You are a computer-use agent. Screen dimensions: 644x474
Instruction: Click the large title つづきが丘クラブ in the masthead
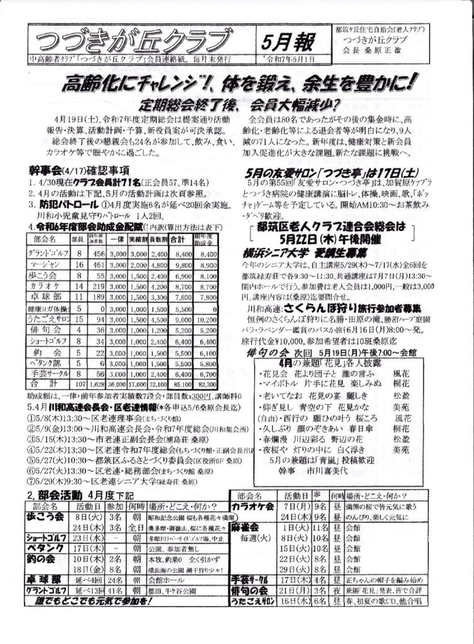point(132,41)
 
